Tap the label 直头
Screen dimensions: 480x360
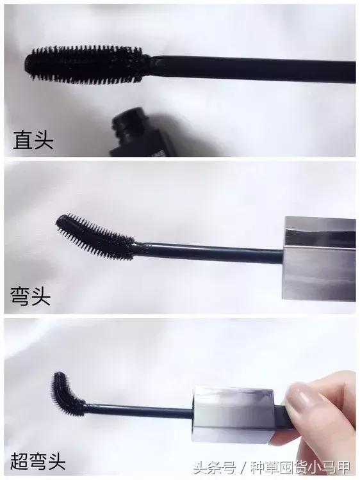(x=33, y=140)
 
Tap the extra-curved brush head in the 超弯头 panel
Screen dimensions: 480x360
(x=67, y=392)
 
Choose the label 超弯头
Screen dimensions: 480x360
(x=39, y=459)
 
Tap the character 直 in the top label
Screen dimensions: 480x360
(x=22, y=140)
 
